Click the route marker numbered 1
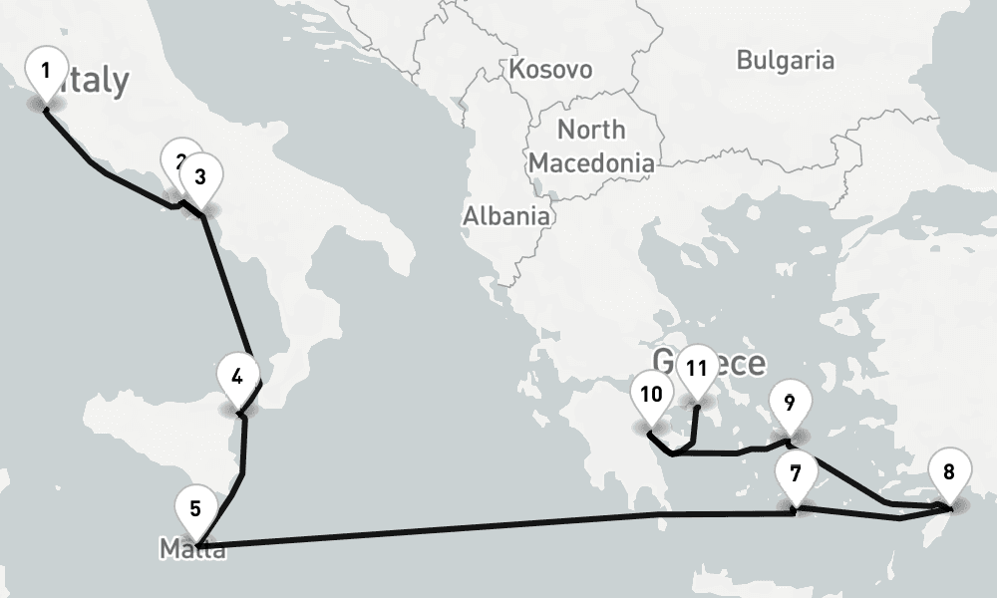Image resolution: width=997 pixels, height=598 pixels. (45, 72)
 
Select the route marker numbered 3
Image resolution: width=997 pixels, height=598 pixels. (200, 177)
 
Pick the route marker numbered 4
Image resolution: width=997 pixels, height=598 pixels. (237, 377)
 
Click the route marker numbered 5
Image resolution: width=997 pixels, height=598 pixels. (195, 508)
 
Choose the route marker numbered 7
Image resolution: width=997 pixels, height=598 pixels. (795, 473)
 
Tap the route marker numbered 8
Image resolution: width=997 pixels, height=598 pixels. (948, 471)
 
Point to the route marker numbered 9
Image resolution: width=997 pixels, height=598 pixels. (789, 403)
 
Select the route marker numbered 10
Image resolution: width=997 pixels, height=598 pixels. (651, 394)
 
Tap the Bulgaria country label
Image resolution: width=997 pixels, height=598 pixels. (785, 60)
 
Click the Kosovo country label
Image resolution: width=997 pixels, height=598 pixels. (549, 69)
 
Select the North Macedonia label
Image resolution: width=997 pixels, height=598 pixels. (591, 146)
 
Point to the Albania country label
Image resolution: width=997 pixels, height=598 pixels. (505, 214)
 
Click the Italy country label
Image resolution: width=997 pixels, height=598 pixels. (95, 81)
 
